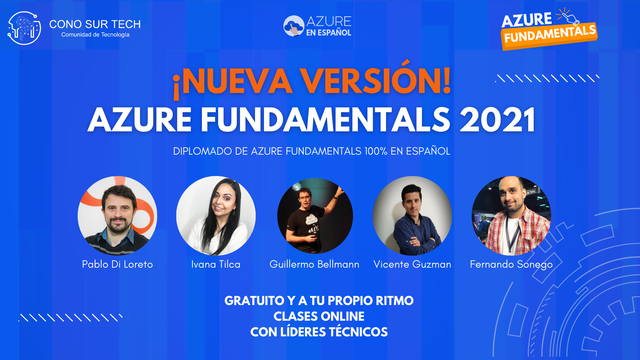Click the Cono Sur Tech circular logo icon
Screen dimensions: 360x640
(24, 28)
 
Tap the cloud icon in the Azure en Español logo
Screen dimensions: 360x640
(293, 26)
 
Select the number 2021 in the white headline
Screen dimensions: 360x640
(497, 120)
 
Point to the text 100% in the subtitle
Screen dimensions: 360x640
(376, 151)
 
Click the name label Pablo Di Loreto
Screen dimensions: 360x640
(117, 264)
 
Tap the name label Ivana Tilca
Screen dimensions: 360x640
(216, 264)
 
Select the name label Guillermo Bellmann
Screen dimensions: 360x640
(314, 264)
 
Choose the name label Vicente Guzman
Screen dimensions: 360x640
(412, 264)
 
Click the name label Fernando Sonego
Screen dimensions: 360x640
(511, 264)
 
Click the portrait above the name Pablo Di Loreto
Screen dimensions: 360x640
(117, 216)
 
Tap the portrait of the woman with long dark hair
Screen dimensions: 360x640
(216, 216)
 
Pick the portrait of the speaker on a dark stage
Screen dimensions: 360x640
(315, 216)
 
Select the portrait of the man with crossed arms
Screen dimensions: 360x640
(412, 216)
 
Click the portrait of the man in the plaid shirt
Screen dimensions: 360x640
(511, 216)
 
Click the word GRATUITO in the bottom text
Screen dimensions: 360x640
(254, 301)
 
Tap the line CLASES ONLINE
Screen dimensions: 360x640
(319, 316)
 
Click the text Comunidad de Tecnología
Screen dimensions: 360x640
(95, 35)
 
